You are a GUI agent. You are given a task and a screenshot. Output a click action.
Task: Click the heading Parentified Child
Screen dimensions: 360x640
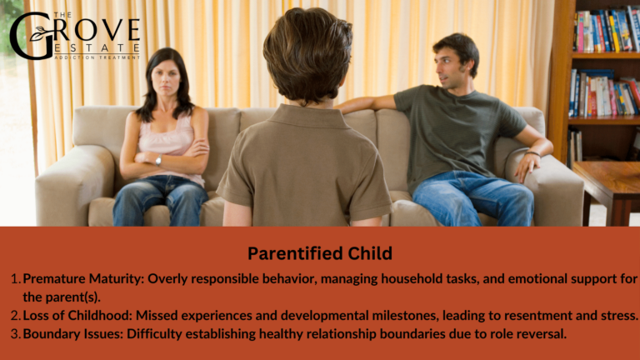[320, 252]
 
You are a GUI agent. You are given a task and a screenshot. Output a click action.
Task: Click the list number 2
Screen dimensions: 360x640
[14, 315]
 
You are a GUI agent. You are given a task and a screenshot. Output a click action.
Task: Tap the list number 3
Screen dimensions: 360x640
[14, 333]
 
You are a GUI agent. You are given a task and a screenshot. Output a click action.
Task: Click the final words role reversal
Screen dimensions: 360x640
[523, 333]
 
